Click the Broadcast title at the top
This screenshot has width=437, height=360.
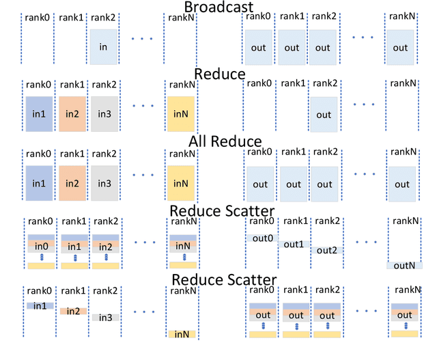point(218,8)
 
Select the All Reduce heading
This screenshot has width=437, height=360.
point(218,141)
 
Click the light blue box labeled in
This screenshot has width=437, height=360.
point(104,47)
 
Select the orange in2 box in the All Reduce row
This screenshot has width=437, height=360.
point(72,183)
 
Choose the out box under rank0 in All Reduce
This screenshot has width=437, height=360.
point(260,184)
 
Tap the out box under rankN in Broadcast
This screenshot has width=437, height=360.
point(401,48)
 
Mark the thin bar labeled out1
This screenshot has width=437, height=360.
point(293,244)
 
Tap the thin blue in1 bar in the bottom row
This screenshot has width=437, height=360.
point(40,306)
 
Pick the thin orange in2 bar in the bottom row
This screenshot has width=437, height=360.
point(72,311)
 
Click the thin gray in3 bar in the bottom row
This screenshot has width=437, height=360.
point(104,318)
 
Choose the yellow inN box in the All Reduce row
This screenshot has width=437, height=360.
point(181,183)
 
